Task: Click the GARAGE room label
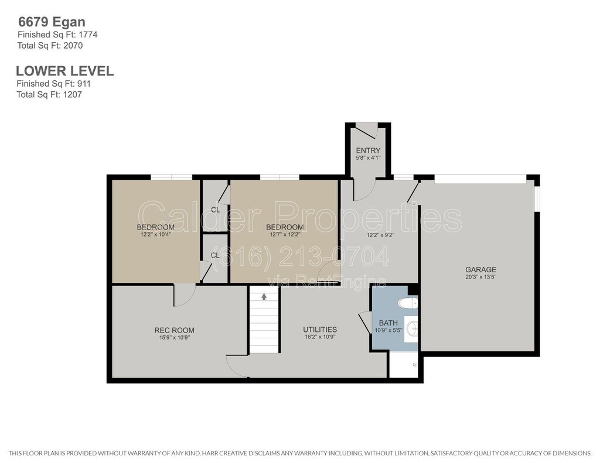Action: click(480, 269)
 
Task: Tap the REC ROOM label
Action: click(174, 330)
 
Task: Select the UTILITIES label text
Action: click(320, 330)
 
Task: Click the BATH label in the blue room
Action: click(388, 323)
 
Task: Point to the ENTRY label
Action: click(368, 150)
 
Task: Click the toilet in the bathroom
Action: click(408, 304)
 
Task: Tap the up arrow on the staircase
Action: click(264, 296)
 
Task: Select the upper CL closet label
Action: click(216, 210)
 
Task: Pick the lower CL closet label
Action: click(215, 255)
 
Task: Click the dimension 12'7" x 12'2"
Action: click(285, 234)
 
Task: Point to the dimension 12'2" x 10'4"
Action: click(155, 234)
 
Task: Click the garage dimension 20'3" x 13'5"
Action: click(480, 277)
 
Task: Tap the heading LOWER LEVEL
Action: click(64, 71)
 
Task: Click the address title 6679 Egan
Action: click(52, 22)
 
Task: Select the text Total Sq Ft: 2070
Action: click(50, 46)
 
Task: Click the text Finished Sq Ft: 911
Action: click(53, 83)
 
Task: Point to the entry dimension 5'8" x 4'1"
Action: click(368, 157)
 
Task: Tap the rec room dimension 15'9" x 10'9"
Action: click(175, 338)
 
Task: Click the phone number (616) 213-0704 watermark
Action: click(299, 256)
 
